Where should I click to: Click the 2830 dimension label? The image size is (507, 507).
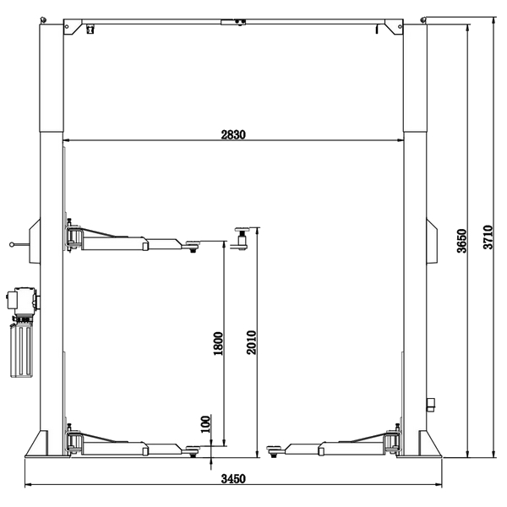click(233, 134)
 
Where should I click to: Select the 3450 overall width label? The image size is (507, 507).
click(233, 478)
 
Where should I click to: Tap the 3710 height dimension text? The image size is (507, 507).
click(488, 237)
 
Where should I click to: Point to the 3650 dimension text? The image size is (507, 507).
click(462, 241)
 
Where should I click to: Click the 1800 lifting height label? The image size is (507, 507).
click(218, 343)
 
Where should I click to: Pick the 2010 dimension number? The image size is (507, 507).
click(251, 342)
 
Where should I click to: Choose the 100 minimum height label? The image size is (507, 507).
click(205, 424)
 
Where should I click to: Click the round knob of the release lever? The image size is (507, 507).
click(12, 245)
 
